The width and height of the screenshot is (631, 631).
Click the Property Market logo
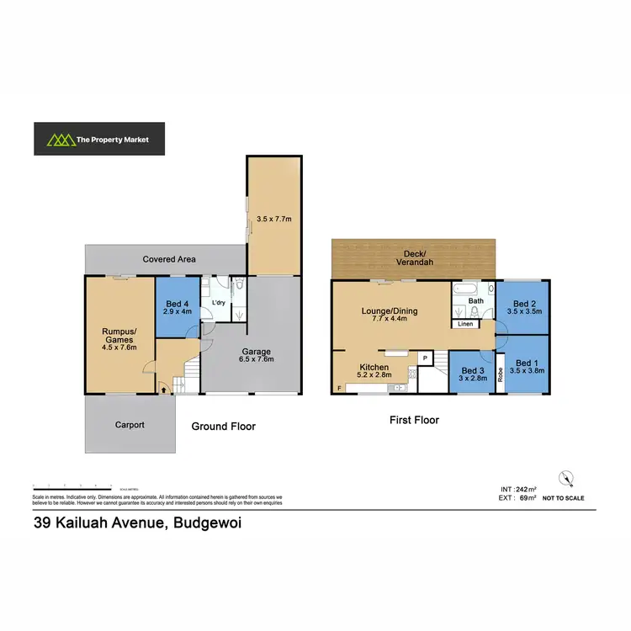point(99,140)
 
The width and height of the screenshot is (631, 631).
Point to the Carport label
point(130,425)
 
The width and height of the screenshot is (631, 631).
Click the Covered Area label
point(169,259)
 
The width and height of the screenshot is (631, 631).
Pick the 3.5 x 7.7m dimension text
point(273,220)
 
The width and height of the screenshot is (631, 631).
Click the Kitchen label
point(374,368)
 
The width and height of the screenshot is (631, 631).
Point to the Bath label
point(476,300)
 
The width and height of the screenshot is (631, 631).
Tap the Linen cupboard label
point(465,323)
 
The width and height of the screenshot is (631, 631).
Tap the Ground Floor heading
point(223,427)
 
